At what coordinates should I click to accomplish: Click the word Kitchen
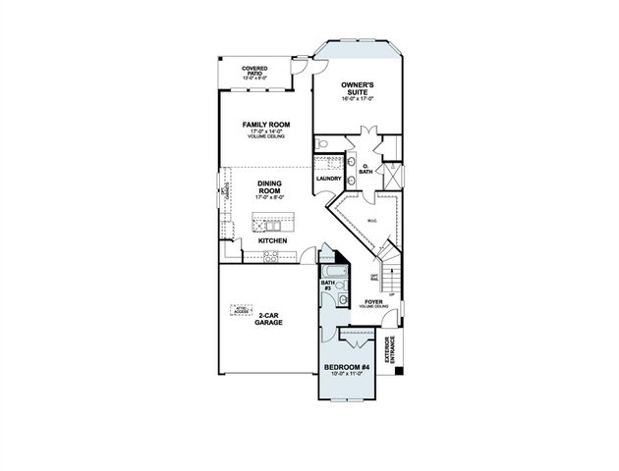(x=271, y=239)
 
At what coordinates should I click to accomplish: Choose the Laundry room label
(x=328, y=179)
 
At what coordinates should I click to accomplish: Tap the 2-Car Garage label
(x=268, y=319)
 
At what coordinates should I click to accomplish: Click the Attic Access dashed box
(x=243, y=311)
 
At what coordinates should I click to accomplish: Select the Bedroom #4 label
(x=346, y=370)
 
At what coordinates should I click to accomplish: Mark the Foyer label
(x=373, y=302)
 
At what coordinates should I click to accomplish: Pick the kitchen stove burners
(x=271, y=257)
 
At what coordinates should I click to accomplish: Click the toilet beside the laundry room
(x=322, y=145)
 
